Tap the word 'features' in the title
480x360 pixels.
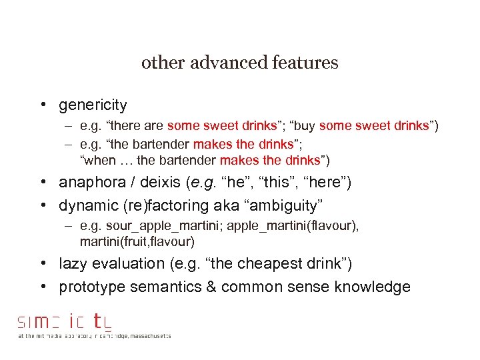[x=306, y=63]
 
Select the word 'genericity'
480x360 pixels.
[x=93, y=105]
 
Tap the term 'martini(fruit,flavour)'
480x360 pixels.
[x=137, y=241]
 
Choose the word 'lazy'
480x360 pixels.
[x=73, y=264]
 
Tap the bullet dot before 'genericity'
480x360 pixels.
[x=42, y=105]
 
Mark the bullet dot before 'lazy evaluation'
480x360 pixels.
[x=42, y=264]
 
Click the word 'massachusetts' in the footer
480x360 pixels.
[x=149, y=336]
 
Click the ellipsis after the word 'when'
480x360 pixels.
[x=125, y=160]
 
